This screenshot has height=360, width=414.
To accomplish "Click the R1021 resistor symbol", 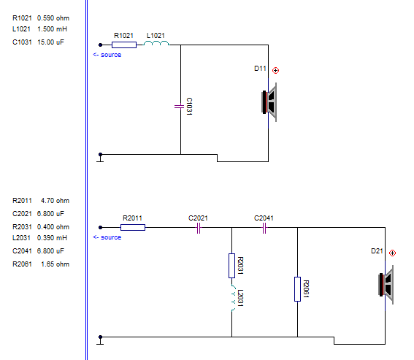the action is (124, 45).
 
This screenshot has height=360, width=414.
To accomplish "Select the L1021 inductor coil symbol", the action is (156, 43).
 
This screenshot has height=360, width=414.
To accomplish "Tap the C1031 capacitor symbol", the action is (180, 107).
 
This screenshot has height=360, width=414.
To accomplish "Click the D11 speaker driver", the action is (269, 102).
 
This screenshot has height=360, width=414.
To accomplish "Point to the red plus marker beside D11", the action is (275, 71).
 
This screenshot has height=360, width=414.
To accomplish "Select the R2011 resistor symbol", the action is (133, 227).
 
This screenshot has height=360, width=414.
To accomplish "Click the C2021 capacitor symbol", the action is (199, 228).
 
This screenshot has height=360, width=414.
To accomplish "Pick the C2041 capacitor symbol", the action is (264, 228).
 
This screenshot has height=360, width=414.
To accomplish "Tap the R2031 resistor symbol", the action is (231, 266).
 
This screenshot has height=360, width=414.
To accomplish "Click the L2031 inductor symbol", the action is (233, 298).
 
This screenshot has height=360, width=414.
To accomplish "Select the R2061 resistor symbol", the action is (298, 289).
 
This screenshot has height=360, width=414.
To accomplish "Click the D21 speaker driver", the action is (386, 285).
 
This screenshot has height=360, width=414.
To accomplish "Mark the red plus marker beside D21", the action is (392, 253).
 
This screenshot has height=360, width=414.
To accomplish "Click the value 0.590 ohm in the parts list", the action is (53, 18).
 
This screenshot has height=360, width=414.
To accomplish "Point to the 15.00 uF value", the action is (50, 42).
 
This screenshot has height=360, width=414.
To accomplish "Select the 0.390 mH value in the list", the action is (52, 238).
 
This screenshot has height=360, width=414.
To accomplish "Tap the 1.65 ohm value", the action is (55, 264).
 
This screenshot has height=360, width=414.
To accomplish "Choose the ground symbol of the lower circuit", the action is (100, 341).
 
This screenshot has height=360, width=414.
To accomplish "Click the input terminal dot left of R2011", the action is (100, 227).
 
